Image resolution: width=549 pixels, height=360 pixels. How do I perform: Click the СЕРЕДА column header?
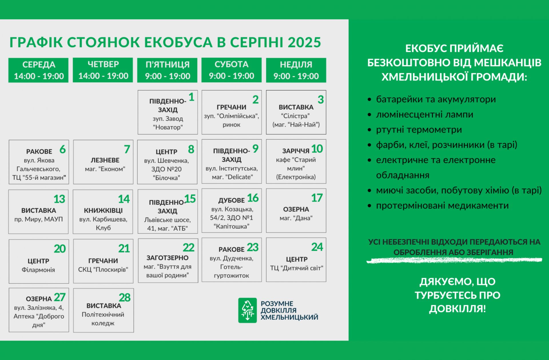click(39, 70)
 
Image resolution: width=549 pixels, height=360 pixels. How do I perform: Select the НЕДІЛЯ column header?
click(296, 70)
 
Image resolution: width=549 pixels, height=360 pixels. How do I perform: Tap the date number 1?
click(192, 97)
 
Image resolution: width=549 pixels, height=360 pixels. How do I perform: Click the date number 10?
click(317, 149)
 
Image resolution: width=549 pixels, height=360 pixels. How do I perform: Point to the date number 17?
click(317, 198)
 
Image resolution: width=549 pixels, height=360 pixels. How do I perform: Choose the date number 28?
click(125, 298)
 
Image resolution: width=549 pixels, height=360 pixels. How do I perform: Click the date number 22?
click(188, 248)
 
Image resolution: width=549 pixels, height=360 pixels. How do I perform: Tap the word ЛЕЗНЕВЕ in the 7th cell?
click(105, 160)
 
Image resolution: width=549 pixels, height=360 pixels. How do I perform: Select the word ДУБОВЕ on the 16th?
click(232, 200)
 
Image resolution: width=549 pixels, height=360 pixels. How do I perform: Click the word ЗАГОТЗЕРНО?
click(168, 258)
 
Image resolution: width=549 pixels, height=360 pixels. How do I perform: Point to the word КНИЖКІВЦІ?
click(103, 211)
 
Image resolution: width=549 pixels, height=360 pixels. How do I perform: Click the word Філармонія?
click(38, 270)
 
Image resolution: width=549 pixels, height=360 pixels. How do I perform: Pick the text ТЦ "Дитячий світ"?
click(297, 268)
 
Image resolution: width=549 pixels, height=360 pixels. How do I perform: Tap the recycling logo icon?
click(248, 310)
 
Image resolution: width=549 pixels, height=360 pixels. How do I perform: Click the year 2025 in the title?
click(304, 42)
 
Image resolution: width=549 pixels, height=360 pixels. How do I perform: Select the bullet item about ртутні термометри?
click(419, 130)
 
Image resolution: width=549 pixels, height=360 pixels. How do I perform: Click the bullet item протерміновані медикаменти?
click(442, 205)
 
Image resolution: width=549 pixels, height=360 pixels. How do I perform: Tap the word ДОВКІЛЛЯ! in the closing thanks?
click(457, 309)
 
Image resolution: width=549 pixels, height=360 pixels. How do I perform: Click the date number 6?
click(63, 149)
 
